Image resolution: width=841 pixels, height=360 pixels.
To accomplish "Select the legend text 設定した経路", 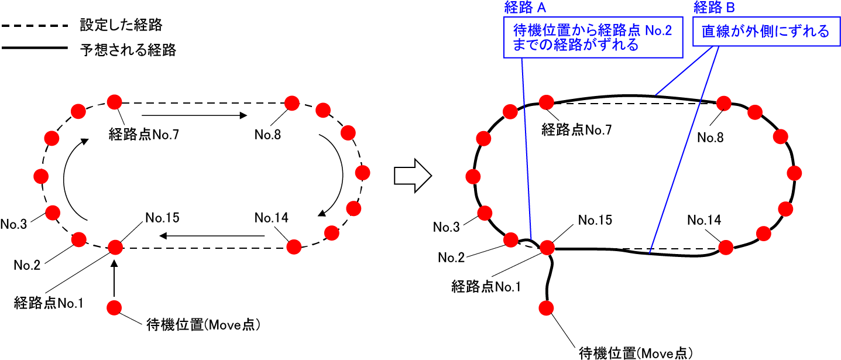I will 121,26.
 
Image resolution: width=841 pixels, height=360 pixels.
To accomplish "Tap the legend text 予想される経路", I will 128,50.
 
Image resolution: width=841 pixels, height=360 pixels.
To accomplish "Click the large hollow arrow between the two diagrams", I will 413,174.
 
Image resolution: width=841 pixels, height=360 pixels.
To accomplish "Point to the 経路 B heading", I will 713,7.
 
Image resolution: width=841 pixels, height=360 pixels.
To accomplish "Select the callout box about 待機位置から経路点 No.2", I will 592,38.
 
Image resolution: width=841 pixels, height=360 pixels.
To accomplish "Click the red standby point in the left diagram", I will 114,307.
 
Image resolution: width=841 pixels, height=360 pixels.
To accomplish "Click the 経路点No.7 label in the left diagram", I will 143,135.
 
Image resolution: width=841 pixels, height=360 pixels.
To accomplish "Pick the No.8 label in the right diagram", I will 710,138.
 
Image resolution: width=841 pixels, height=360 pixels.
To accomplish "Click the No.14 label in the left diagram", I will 272,217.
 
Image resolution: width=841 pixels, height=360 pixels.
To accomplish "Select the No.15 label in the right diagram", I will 595,220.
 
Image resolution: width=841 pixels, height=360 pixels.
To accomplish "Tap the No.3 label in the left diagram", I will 13,224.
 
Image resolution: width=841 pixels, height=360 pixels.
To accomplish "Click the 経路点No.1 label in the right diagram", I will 486,287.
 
